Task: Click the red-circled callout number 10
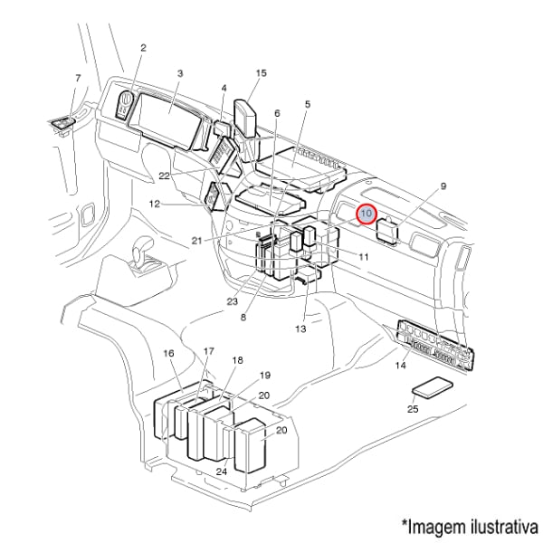point(367,214)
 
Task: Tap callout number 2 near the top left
point(143,46)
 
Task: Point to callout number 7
point(78,79)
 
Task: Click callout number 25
point(413,410)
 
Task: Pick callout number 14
point(400,366)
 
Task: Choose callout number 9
point(443,186)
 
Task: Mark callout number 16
point(168,353)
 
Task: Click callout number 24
point(221,472)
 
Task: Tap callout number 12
point(155,204)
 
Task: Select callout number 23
point(232,301)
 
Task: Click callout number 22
point(164,174)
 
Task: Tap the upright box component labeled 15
point(247,119)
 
